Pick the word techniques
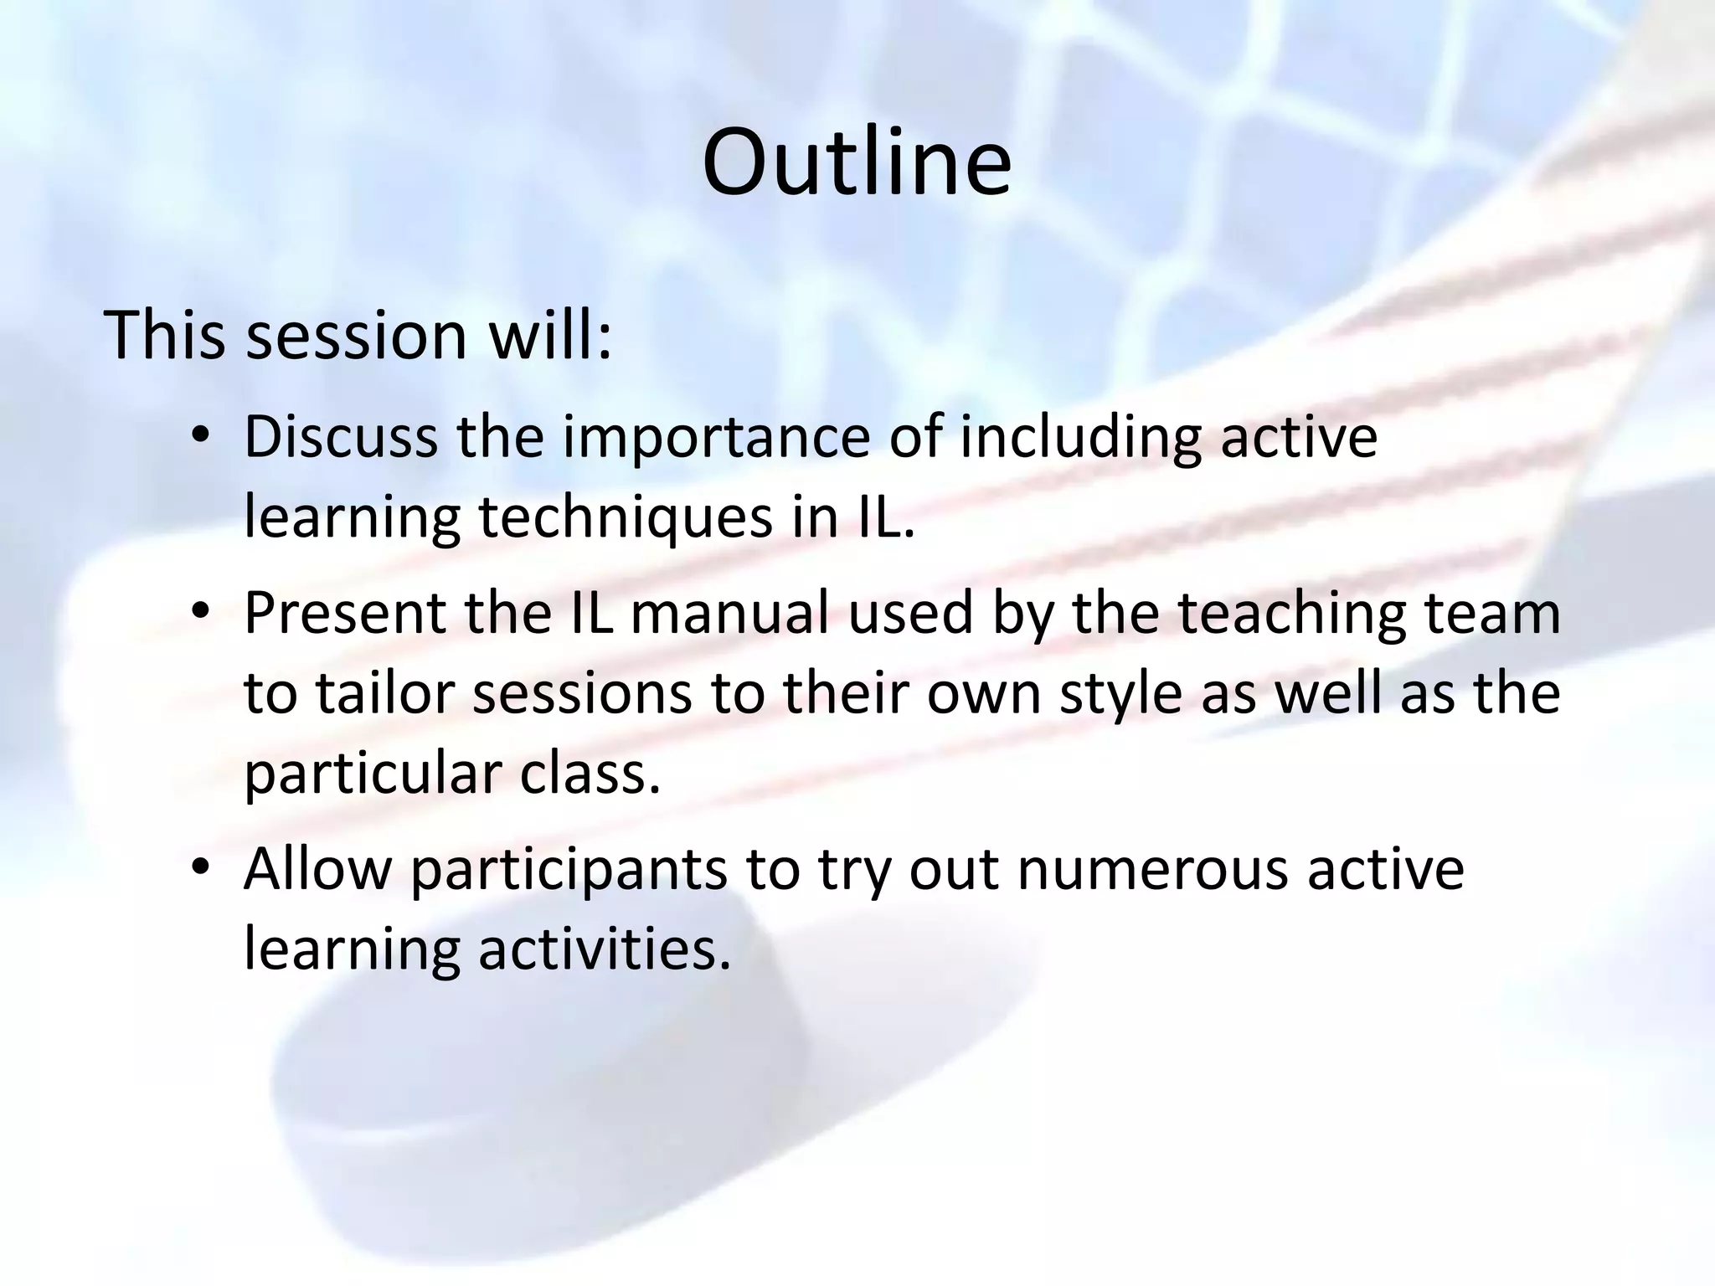coord(625,518)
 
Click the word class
coord(590,774)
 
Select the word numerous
coord(1153,869)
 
